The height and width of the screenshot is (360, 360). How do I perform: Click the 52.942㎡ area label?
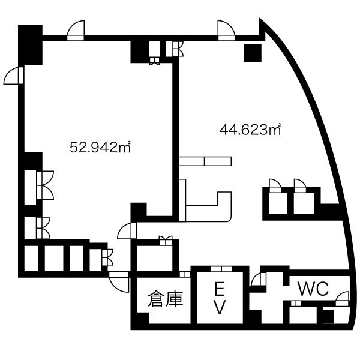[x=100, y=147]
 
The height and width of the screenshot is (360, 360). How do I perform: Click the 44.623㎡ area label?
[x=250, y=130]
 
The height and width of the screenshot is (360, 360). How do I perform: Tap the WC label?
[x=313, y=289]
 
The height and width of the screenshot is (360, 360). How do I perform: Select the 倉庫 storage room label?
[x=166, y=299]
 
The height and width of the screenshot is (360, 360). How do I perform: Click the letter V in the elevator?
[x=220, y=307]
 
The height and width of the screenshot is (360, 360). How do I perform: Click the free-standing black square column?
[x=253, y=53]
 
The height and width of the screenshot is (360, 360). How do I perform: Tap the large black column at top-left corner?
[x=31, y=45]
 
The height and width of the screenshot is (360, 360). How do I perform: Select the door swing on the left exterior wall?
[x=14, y=76]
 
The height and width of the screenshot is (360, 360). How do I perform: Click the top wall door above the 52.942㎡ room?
[x=76, y=31]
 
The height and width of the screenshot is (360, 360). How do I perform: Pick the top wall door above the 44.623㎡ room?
[x=226, y=31]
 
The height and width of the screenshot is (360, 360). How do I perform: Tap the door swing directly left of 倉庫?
[x=119, y=282]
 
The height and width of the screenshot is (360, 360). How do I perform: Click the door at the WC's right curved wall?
[x=343, y=298]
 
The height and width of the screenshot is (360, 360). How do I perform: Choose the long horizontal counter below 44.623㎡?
[x=205, y=161]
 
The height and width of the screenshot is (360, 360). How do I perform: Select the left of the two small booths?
[x=278, y=203]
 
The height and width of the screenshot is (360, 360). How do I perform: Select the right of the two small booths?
[x=304, y=203]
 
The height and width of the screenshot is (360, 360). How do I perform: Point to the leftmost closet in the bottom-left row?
[x=31, y=259]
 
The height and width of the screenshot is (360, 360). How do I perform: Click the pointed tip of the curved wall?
[x=260, y=19]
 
